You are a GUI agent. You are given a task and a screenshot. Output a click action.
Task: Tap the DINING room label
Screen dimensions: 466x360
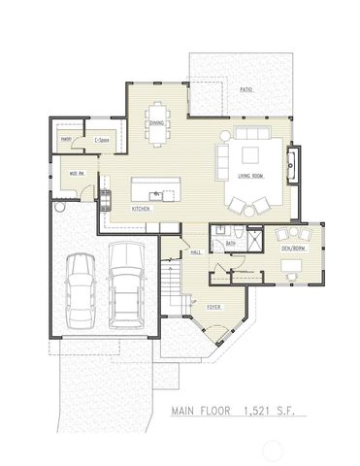(157, 122)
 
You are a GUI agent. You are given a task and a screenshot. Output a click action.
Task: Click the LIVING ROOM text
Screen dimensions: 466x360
(251, 176)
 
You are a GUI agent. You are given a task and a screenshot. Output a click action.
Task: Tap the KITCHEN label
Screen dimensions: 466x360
(141, 209)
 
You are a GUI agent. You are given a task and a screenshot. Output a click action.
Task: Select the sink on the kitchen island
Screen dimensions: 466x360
(155, 194)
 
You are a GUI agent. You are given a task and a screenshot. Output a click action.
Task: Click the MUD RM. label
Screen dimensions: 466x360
(71, 175)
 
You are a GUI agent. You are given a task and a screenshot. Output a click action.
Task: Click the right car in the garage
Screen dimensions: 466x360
(124, 283)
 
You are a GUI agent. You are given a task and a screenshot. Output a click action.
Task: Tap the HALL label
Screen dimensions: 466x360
(195, 251)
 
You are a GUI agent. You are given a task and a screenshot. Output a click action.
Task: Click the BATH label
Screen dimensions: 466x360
(231, 243)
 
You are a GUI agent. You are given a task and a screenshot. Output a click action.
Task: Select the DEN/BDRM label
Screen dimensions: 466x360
(293, 249)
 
